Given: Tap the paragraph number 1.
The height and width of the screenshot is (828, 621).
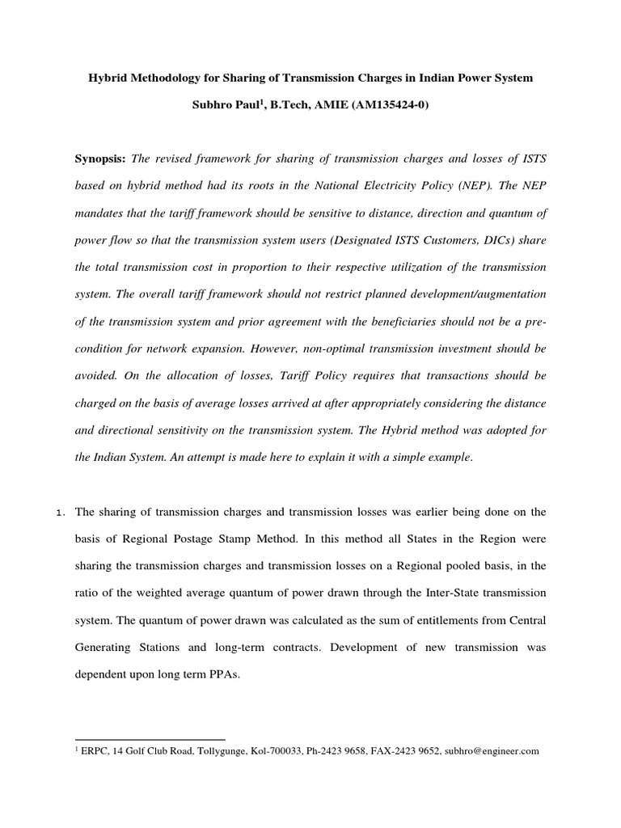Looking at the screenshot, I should tap(61, 512).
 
